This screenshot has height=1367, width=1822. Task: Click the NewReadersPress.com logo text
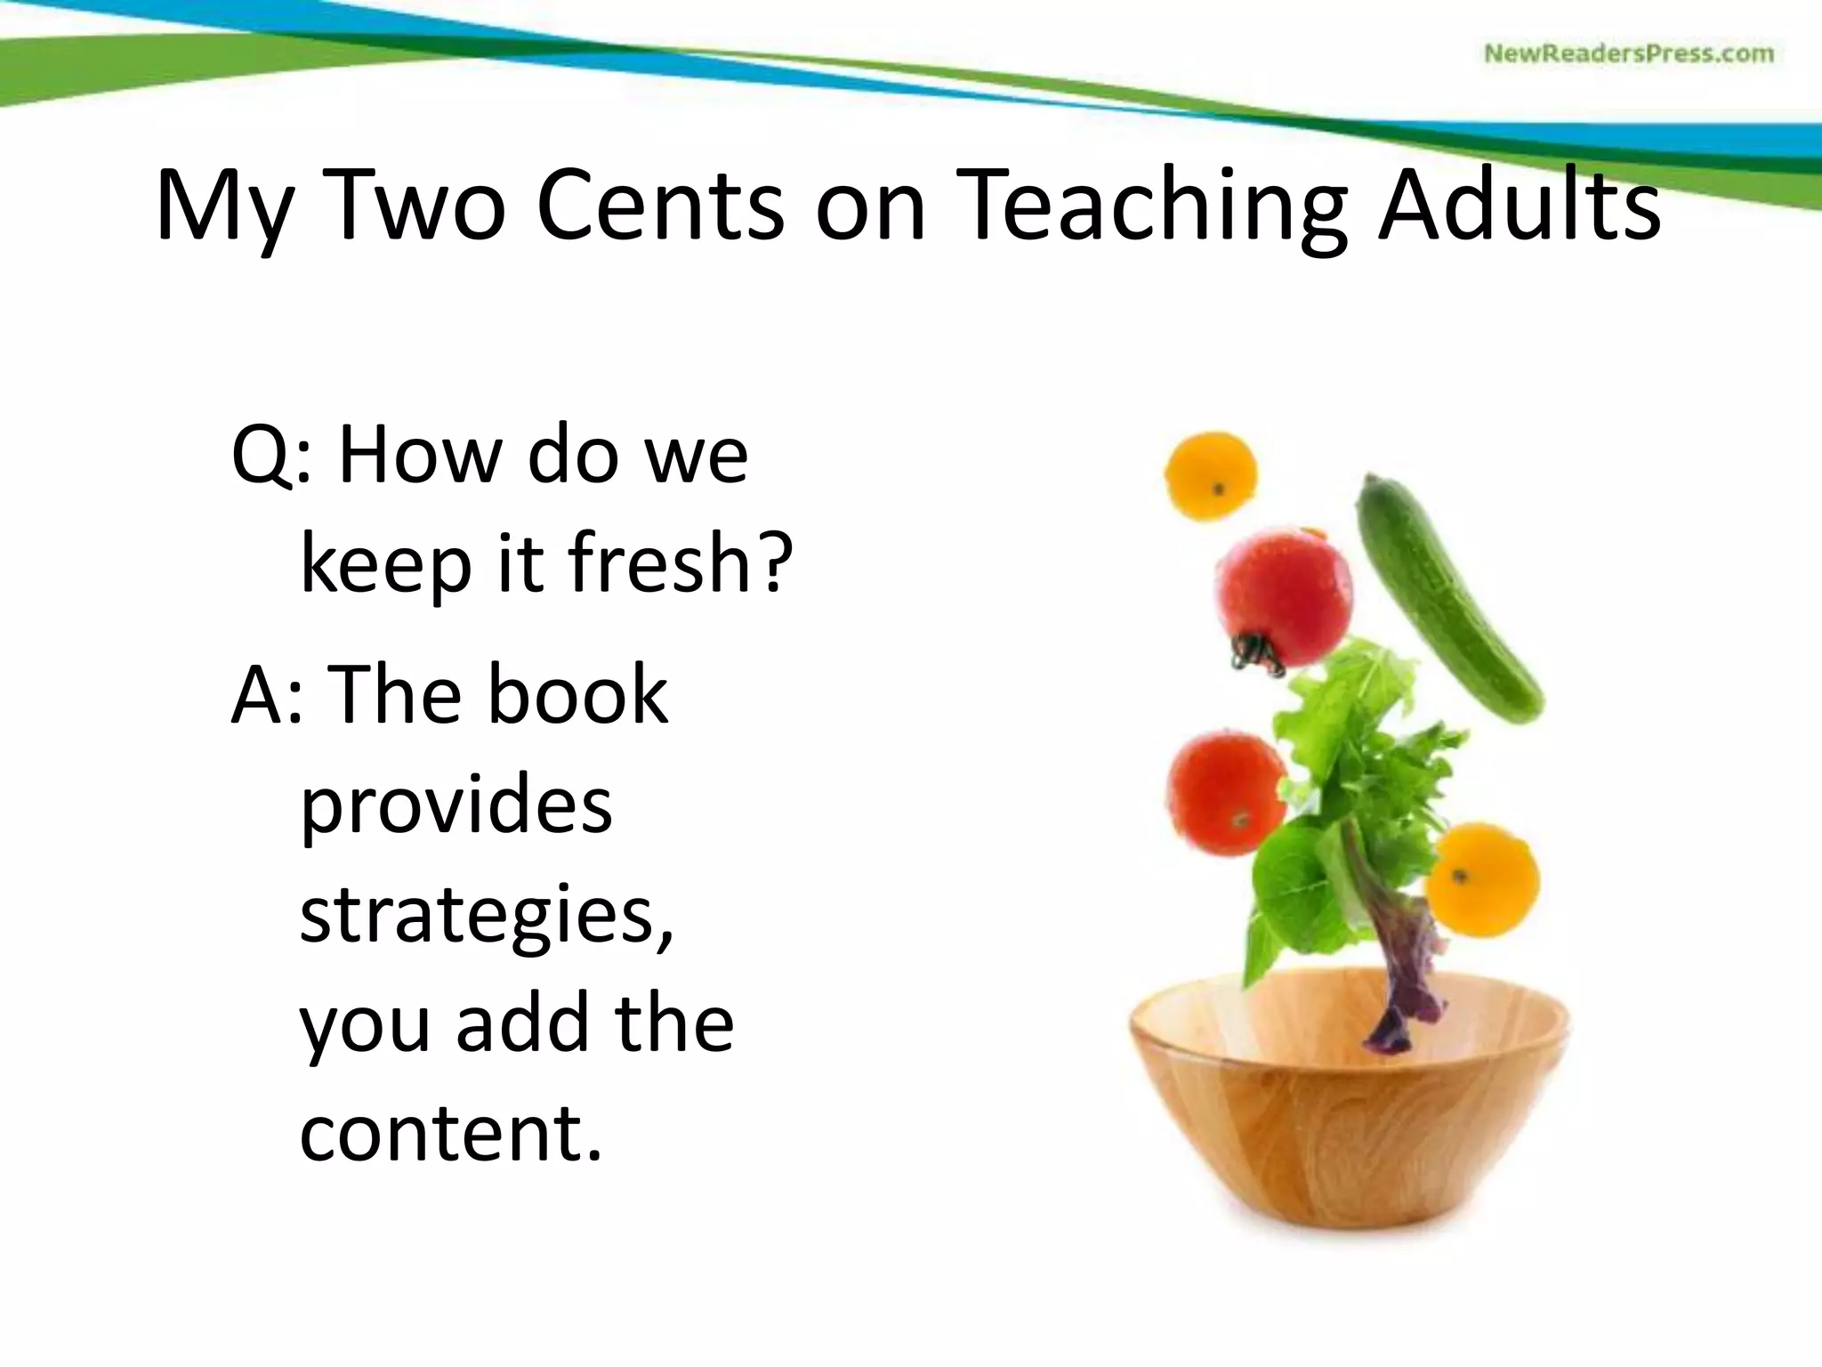[x=1628, y=53]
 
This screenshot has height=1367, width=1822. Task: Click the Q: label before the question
[x=271, y=456]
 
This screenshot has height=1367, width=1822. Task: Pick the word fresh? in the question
[x=680, y=562]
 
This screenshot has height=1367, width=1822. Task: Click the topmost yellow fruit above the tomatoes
[x=1211, y=473]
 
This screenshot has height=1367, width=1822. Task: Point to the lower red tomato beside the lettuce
[x=1225, y=792]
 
